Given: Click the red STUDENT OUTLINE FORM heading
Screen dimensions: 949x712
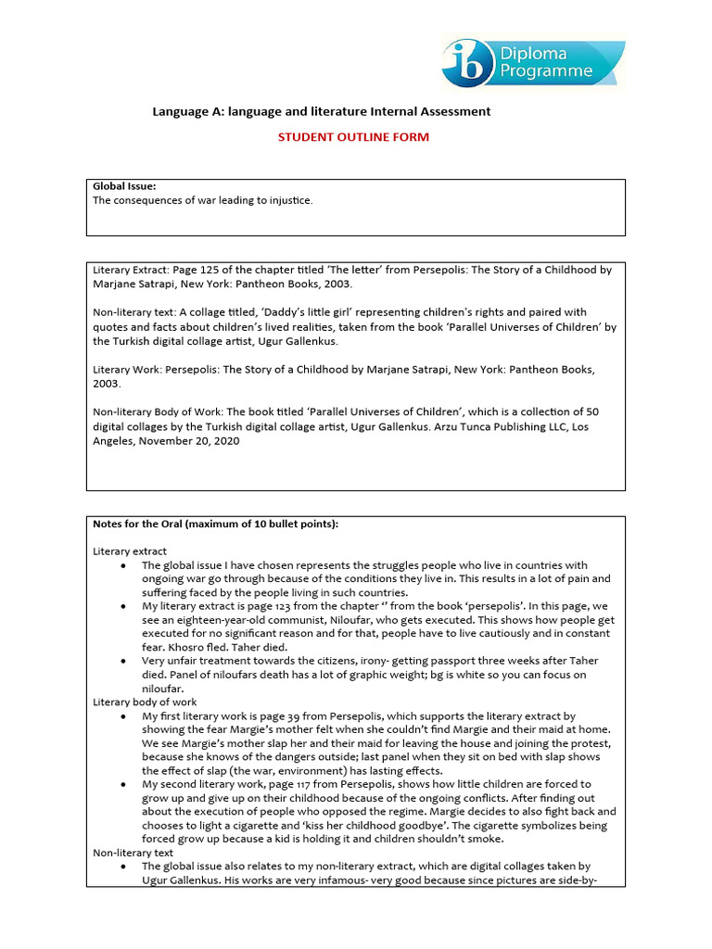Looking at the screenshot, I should tap(355, 137).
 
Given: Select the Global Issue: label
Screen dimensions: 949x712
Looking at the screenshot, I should tap(124, 187).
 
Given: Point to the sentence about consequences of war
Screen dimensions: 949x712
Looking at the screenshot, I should tap(203, 200).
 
